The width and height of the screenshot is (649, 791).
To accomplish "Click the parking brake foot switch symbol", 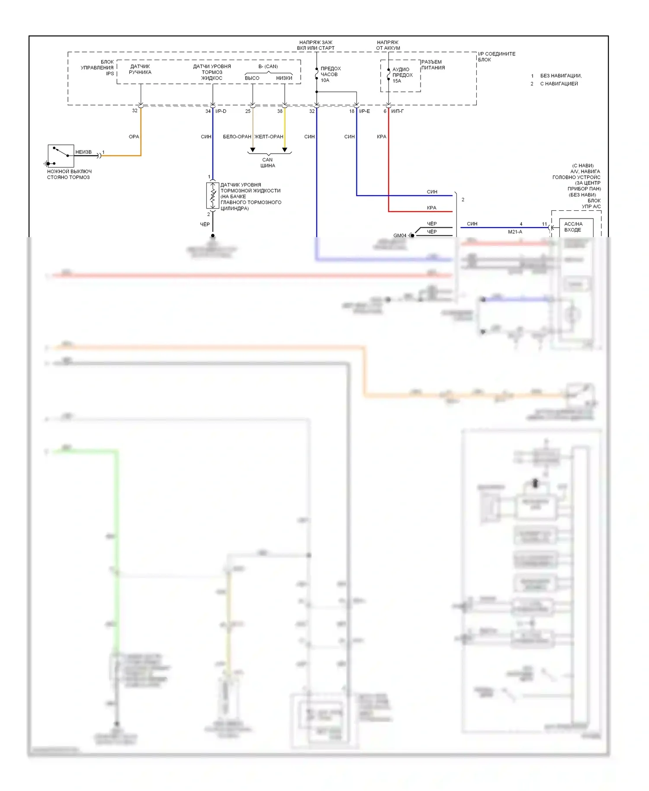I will coord(61,156).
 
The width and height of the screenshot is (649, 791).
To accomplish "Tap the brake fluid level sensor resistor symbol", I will coord(212,196).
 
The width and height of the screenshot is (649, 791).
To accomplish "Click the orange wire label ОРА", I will coord(134,137).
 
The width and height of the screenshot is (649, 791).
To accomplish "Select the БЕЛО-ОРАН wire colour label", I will coord(237,137).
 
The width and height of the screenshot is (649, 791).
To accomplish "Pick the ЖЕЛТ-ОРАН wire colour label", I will coord(269,137).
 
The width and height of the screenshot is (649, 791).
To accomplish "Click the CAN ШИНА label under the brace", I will coord(268,163).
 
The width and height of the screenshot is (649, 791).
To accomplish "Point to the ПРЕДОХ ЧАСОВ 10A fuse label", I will coord(331,74).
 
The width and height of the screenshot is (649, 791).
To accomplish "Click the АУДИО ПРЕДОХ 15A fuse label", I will coord(402,75).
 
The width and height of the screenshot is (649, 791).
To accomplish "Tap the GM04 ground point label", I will coord(400,235).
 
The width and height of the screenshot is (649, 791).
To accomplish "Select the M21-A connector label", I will coord(515,232).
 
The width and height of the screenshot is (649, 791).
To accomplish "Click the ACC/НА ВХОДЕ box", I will coord(575,227).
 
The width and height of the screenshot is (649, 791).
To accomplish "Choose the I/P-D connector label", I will coord(221,111).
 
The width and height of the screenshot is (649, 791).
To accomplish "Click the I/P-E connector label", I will coord(364,111).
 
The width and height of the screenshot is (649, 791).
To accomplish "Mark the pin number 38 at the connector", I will coord(280,111).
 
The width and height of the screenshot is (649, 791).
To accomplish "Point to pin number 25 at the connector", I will coord(247,111).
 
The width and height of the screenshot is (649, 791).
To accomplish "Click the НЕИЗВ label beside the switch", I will coord(84,152).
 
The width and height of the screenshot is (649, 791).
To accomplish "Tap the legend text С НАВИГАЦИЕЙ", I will coord(559,84).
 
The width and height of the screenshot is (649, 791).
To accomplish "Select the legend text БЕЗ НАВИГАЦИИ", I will coord(560,76).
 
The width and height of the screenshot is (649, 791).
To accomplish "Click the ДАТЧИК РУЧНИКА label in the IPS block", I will coord(140,69).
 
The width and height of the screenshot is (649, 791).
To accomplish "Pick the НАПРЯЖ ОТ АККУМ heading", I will coord(388,45).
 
